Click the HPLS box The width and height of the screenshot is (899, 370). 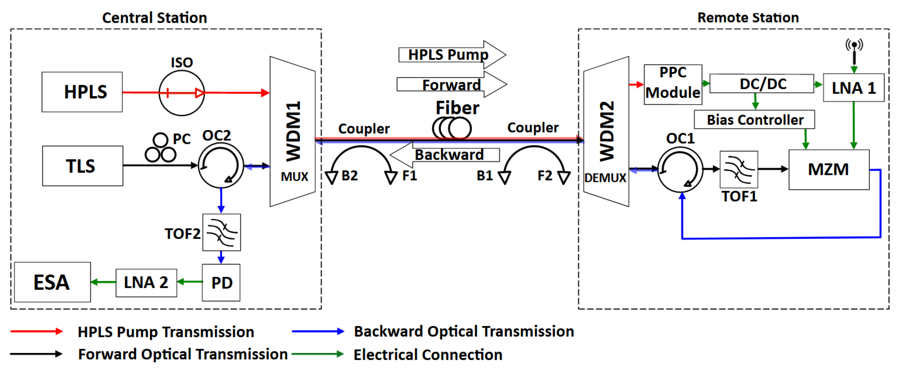click(82, 92)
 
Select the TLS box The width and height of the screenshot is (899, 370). click(82, 166)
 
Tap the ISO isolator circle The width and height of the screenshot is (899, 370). click(181, 93)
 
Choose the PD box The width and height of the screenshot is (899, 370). click(221, 282)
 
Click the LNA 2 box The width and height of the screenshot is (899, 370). click(146, 282)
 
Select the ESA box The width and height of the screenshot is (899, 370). click(52, 282)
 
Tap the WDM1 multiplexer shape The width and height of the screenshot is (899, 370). click(292, 131)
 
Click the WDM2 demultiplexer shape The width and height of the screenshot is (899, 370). click(606, 131)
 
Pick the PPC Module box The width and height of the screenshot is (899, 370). click(673, 84)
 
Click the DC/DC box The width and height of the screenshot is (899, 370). click(762, 84)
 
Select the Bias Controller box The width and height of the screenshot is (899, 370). click(754, 120)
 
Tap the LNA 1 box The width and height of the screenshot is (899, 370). click(853, 88)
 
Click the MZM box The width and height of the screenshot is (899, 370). click(828, 170)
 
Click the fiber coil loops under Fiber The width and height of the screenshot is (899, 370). click(452, 128)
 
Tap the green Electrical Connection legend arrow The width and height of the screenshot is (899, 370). click(318, 354)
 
